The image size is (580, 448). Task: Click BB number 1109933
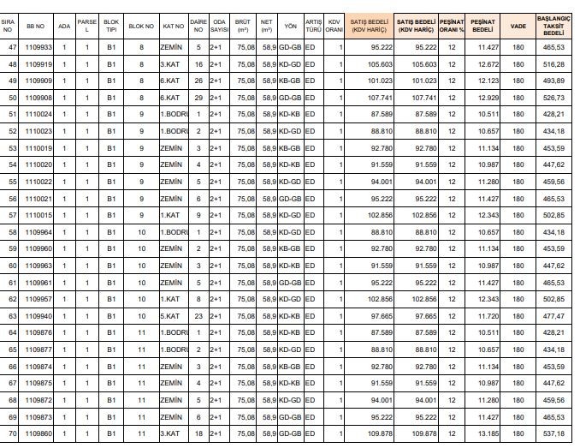[38, 47]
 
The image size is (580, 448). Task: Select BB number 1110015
[38, 214]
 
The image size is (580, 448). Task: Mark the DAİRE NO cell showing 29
[198, 98]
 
